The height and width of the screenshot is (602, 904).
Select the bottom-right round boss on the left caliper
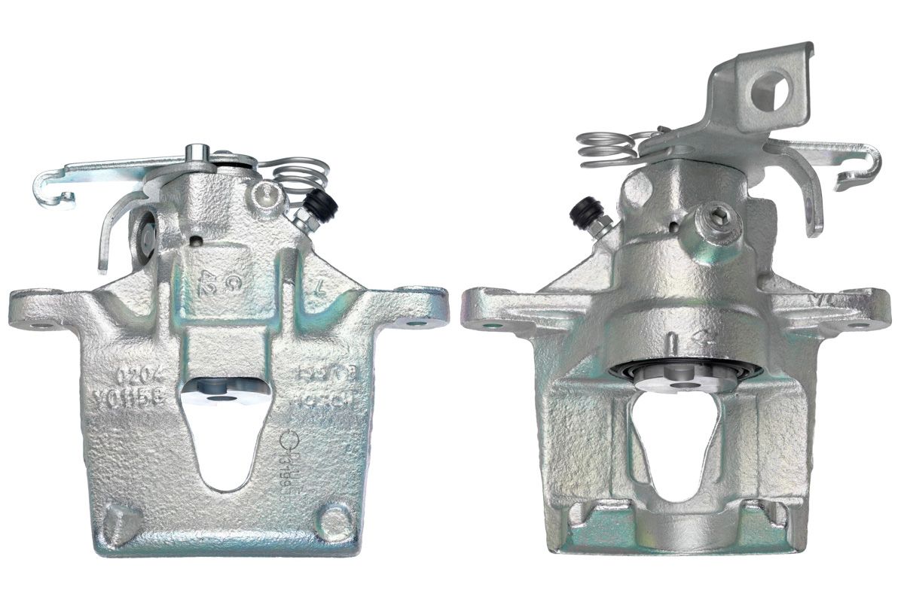(332, 518)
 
